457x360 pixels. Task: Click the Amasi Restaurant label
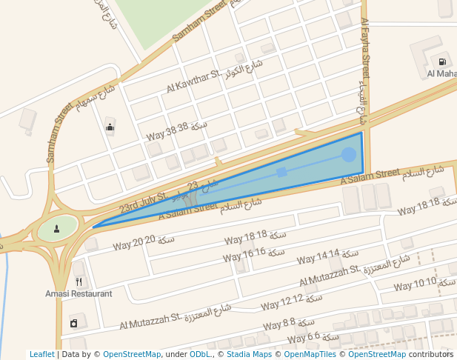[x=79, y=294]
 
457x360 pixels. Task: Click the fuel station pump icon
[x=442, y=62]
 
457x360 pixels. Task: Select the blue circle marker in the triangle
[x=349, y=154]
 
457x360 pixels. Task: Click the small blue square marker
[x=281, y=172]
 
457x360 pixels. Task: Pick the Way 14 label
[x=318, y=257]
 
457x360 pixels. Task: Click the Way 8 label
[x=278, y=324]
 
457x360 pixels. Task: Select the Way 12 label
[x=281, y=301]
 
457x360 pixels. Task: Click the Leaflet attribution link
[x=41, y=355]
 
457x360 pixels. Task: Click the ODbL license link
[x=199, y=355]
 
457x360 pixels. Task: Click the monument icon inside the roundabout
[x=58, y=227]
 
